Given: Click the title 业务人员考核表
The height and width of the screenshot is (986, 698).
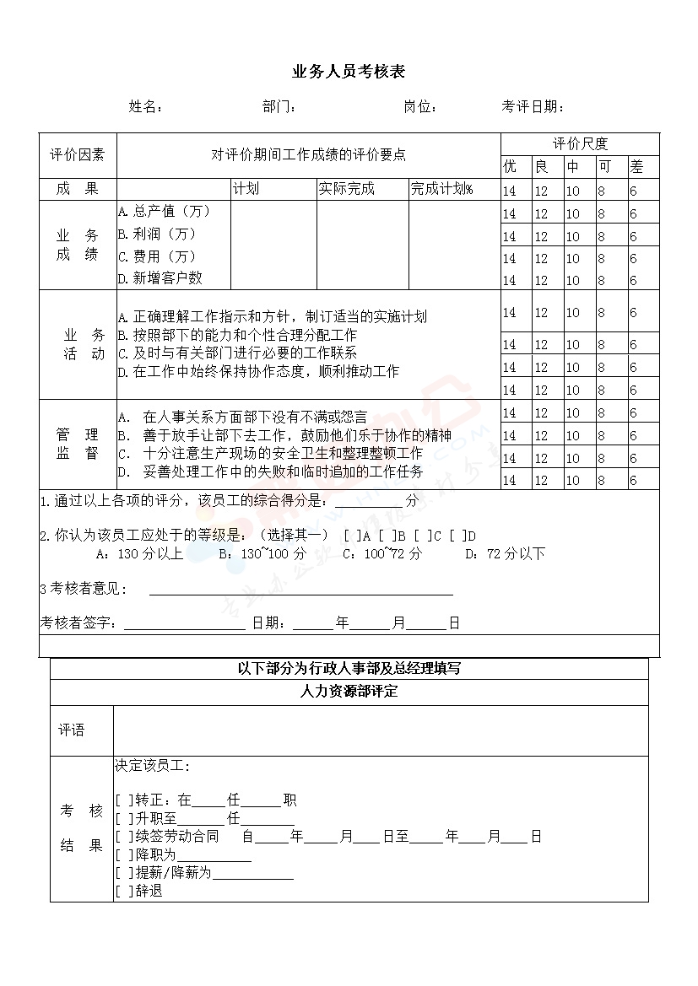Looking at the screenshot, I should [348, 73].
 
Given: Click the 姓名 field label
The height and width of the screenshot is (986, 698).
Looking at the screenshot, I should [144, 107].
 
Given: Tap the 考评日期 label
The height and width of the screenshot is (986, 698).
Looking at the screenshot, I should [532, 107].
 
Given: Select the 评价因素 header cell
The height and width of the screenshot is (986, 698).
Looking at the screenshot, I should [78, 155].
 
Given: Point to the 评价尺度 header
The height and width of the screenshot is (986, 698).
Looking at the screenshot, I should [580, 143].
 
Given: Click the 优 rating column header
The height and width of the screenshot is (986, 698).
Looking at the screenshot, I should [510, 166].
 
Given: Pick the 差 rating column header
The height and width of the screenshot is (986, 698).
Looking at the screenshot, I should [636, 166].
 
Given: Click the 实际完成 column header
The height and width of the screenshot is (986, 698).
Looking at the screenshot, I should [346, 189].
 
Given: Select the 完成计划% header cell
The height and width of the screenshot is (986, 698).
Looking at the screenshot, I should [441, 189].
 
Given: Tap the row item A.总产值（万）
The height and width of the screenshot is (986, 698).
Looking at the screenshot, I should [164, 211].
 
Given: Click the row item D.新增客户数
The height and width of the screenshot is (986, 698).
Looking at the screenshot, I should [160, 277].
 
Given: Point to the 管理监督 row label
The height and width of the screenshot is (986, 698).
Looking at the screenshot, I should [78, 444].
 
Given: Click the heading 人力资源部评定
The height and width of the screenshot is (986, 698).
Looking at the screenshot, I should [349, 692].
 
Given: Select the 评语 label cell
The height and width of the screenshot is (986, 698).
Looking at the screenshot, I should [72, 730].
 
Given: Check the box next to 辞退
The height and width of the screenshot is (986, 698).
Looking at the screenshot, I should [124, 891].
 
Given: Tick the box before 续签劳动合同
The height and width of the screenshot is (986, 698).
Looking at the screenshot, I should [124, 837].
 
